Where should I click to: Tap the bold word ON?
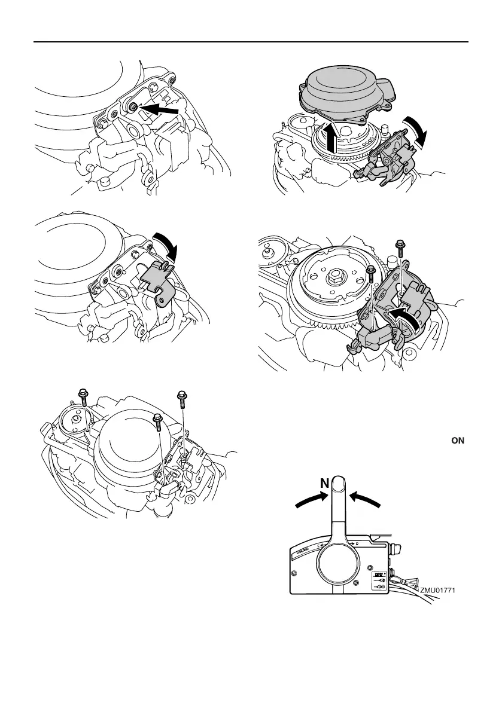click(x=458, y=441)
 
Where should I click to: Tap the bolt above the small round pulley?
click(x=84, y=398)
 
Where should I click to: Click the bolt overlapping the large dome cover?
click(x=157, y=423)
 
